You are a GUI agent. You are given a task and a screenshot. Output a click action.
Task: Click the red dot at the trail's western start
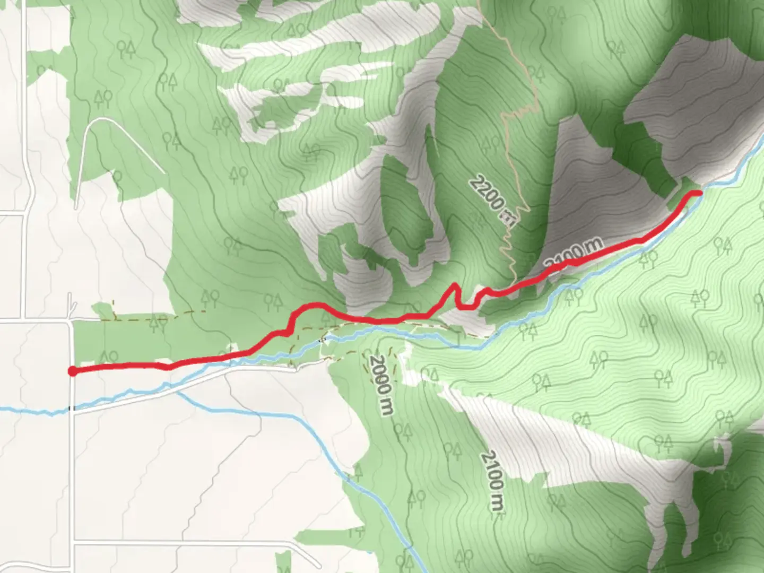click(72, 371)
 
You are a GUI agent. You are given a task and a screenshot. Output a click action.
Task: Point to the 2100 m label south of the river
click(492, 481)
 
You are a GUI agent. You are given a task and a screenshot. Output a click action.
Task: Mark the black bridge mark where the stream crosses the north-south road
click(70, 409)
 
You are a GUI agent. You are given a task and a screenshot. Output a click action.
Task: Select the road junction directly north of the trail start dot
click(71, 320)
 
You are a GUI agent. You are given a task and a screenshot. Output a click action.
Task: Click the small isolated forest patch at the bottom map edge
click(283, 562)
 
